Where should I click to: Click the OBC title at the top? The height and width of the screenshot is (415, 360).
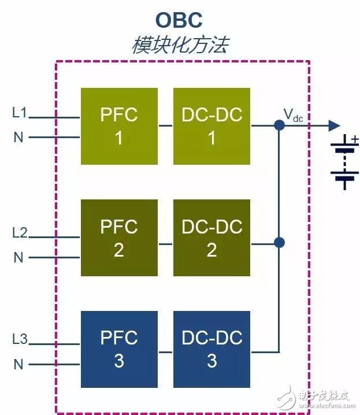coord(179,20)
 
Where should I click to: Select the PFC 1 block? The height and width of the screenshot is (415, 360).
coord(119,126)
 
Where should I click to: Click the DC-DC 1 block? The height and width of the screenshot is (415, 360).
coord(212,126)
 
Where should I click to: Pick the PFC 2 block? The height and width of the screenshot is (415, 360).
coord(119,238)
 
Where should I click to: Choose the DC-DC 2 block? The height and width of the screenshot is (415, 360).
coord(212,238)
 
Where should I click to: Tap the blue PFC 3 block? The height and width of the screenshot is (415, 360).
coord(119,349)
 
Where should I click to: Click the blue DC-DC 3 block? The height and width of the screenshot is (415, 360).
coord(212,349)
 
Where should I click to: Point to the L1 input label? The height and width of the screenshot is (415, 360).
coord(20,113)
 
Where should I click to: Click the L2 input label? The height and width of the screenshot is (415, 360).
coord(20,232)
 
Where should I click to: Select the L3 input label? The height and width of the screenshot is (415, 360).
coord(20,339)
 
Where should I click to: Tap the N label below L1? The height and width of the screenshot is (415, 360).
coord(18,137)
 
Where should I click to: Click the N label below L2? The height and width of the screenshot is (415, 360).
coord(18,257)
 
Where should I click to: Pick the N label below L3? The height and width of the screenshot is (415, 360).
coord(18,364)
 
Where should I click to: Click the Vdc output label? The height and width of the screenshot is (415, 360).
coord(293,116)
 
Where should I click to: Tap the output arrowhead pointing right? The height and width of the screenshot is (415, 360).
coord(335,125)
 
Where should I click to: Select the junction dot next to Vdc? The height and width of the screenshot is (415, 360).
coord(279,125)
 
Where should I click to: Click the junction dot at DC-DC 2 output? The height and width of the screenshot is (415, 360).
coord(279,243)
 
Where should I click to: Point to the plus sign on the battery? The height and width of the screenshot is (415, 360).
coord(355,139)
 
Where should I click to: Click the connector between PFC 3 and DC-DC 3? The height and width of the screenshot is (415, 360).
coord(166,352)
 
